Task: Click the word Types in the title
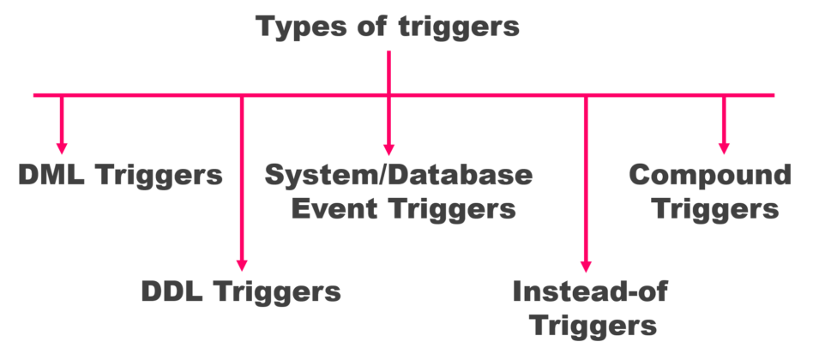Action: (x=300, y=27)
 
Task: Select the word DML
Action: (x=51, y=176)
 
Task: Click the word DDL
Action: (x=172, y=291)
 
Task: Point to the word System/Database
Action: (x=398, y=175)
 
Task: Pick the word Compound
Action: (x=709, y=175)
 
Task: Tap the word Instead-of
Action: (x=589, y=291)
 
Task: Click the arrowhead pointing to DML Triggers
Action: (x=61, y=147)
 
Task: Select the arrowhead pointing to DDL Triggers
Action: (x=241, y=265)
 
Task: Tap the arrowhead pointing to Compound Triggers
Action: (x=724, y=147)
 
